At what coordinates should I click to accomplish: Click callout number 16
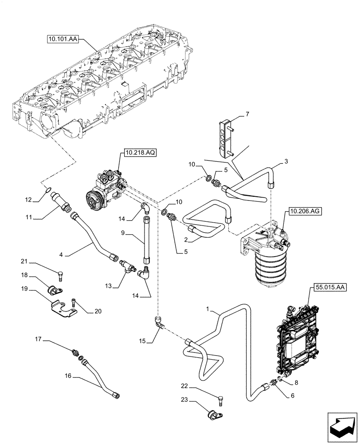coord(68,376)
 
